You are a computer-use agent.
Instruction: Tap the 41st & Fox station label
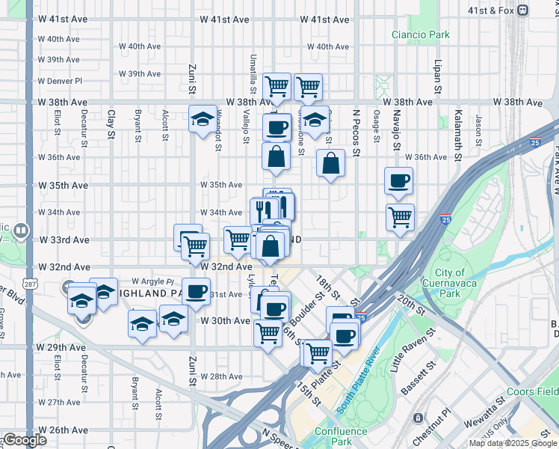[x=528, y=10]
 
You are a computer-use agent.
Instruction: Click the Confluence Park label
[x=342, y=436]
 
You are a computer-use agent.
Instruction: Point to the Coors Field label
[x=532, y=391]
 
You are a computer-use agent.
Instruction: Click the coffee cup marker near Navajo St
[x=398, y=180]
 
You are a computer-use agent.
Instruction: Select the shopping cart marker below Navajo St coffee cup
[x=400, y=218]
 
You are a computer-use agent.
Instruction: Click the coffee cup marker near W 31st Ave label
[x=197, y=291]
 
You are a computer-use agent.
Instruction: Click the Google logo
[x=25, y=440]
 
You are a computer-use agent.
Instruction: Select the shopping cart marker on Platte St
[x=318, y=351]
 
